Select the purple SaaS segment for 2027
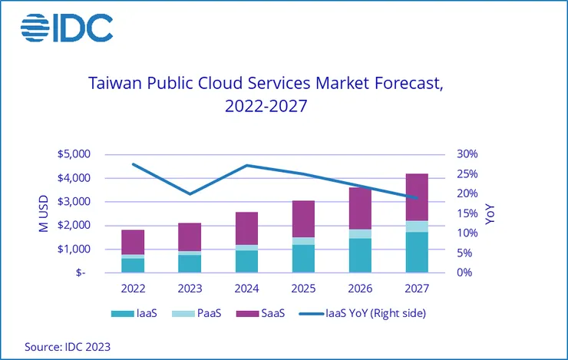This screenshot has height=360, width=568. tap(417, 197)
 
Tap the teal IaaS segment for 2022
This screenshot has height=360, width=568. tap(133, 265)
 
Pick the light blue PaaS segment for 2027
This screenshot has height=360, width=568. tap(417, 226)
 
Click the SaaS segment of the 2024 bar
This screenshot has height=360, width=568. tap(246, 229)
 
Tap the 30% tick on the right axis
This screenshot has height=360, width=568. tap(467, 154)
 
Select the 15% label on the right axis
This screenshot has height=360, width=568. tap(467, 213)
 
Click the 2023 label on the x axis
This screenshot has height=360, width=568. tap(190, 289)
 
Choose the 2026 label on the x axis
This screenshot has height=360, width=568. tap(360, 289)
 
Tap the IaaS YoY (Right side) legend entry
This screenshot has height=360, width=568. tap(365, 313)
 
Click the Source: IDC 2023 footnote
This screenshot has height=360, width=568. tap(68, 346)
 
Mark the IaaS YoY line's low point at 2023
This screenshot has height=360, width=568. tap(190, 194)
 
